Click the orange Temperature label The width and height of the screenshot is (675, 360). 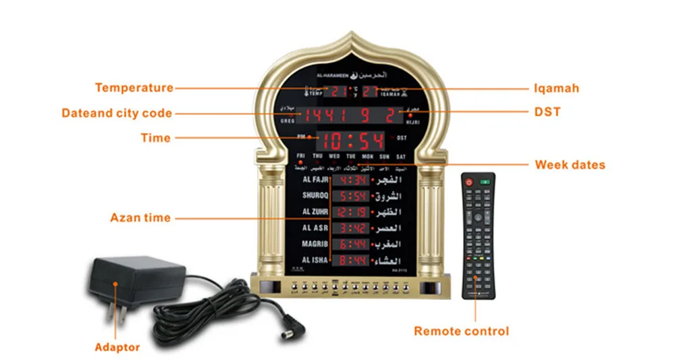134,88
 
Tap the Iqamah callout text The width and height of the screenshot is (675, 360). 556,88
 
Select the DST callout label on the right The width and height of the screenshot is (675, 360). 547,112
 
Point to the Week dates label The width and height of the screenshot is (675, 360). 570,164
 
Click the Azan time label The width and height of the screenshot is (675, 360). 140,218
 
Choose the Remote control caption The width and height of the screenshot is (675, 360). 461,331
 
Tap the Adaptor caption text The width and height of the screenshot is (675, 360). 117,347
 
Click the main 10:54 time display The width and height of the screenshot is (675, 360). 352,140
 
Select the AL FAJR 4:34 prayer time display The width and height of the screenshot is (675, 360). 352,181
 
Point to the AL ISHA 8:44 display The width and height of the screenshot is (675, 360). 352,260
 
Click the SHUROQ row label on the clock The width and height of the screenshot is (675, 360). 315,196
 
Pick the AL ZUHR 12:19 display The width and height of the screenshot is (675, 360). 352,212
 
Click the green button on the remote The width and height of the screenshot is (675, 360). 484,182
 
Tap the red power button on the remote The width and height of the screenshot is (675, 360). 468,182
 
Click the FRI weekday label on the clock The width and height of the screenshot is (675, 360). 301,156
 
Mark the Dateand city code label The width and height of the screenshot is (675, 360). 116,113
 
